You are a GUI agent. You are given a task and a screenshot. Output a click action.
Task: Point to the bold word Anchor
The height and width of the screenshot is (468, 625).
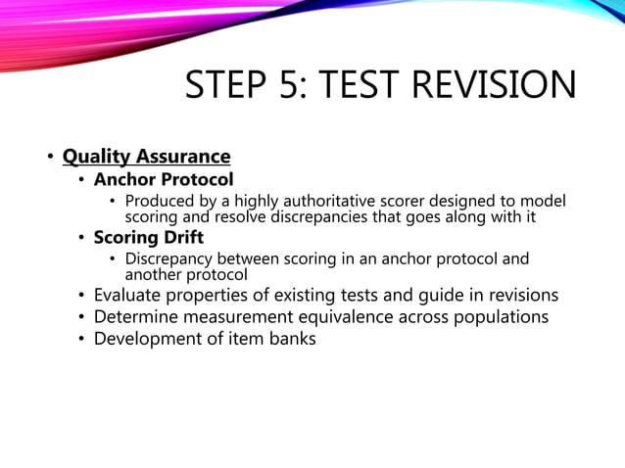point(124,180)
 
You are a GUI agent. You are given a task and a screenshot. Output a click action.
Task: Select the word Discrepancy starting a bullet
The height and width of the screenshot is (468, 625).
point(168,259)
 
